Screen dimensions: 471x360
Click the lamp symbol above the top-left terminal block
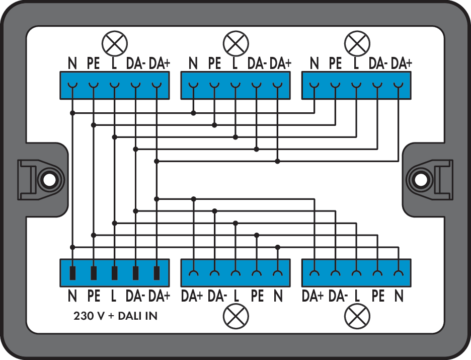[114, 43]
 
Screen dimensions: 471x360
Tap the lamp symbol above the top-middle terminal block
[236, 43]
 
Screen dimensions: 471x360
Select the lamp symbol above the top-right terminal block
[357, 43]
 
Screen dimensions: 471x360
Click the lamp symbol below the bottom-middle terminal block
[236, 316]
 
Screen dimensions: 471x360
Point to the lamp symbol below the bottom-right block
[357, 316]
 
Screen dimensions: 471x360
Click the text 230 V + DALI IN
[115, 316]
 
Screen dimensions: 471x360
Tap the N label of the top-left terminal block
[72, 63]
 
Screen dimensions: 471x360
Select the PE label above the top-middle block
[214, 63]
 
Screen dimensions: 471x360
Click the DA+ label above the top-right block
[402, 63]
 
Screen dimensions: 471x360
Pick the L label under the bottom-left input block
[114, 296]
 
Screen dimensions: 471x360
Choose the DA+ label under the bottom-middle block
[192, 296]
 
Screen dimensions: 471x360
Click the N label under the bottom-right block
[399, 296]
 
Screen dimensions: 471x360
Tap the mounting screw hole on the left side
[49, 180]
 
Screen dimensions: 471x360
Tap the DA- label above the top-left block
[136, 63]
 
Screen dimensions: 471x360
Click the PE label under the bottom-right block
[378, 296]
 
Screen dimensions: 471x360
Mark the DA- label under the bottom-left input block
[135, 296]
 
